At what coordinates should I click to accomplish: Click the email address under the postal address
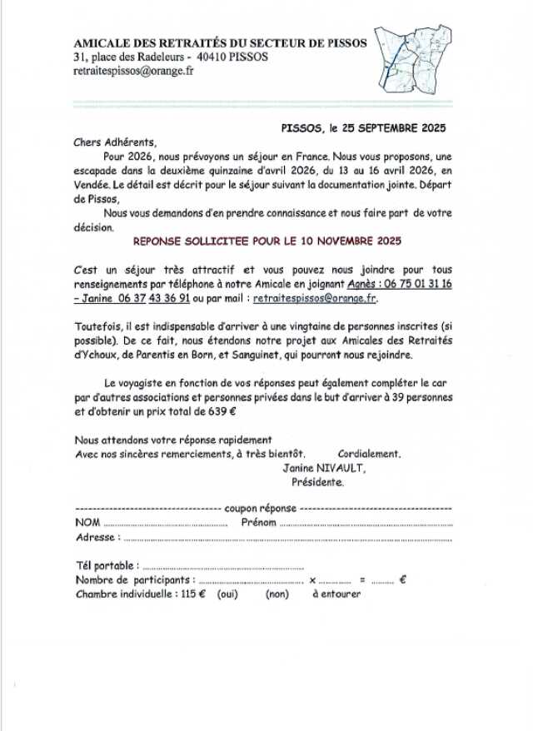(133, 72)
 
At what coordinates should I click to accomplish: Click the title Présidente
(317, 481)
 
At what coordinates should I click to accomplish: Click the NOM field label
(87, 522)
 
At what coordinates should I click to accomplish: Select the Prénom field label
(258, 522)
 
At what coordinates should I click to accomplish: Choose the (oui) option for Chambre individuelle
(227, 594)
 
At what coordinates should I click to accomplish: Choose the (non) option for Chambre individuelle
(277, 594)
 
